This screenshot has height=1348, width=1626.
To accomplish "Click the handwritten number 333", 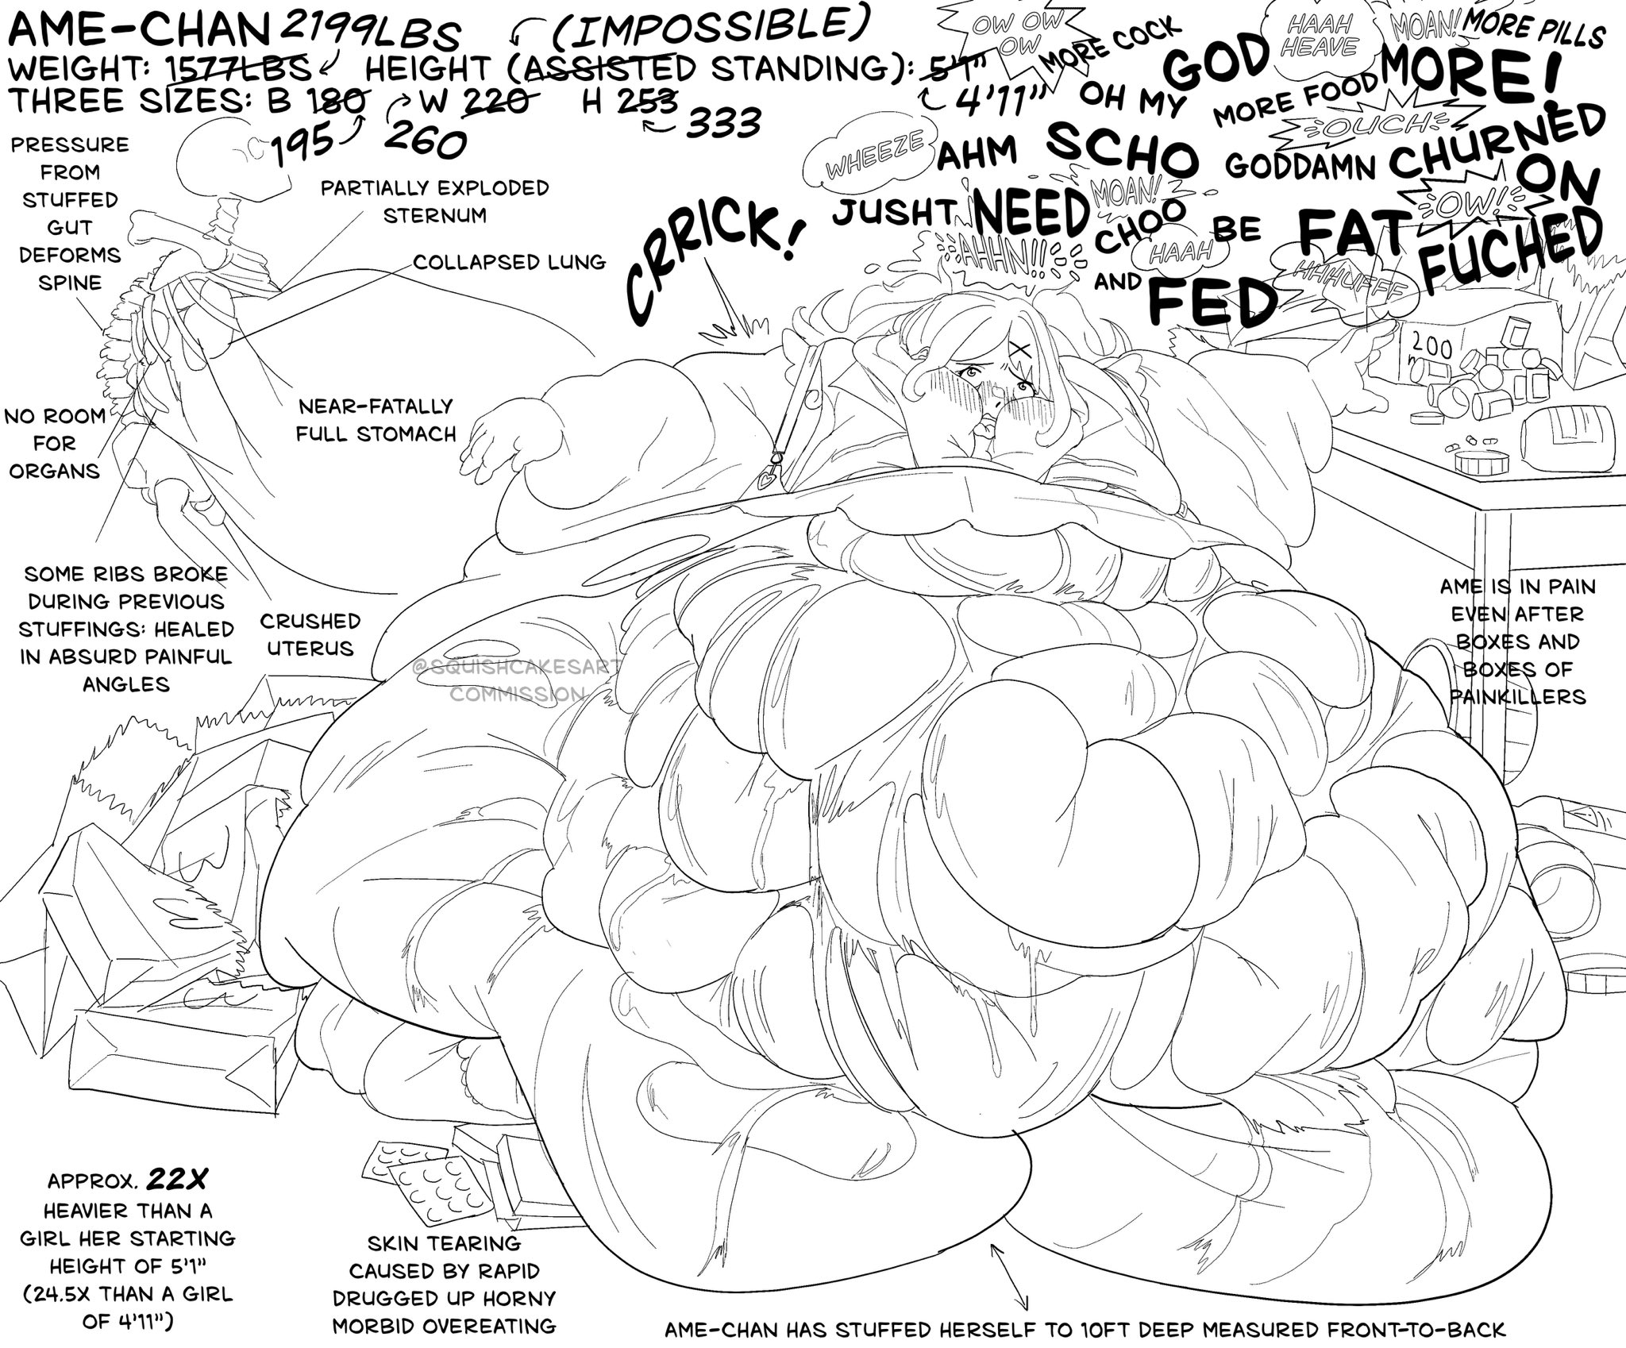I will pos(723,124).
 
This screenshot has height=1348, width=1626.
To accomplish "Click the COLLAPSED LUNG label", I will pos(509,262).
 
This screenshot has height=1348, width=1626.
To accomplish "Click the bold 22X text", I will pos(175,1180).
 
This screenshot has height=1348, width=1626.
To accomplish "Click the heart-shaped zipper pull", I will pos(767,480).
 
